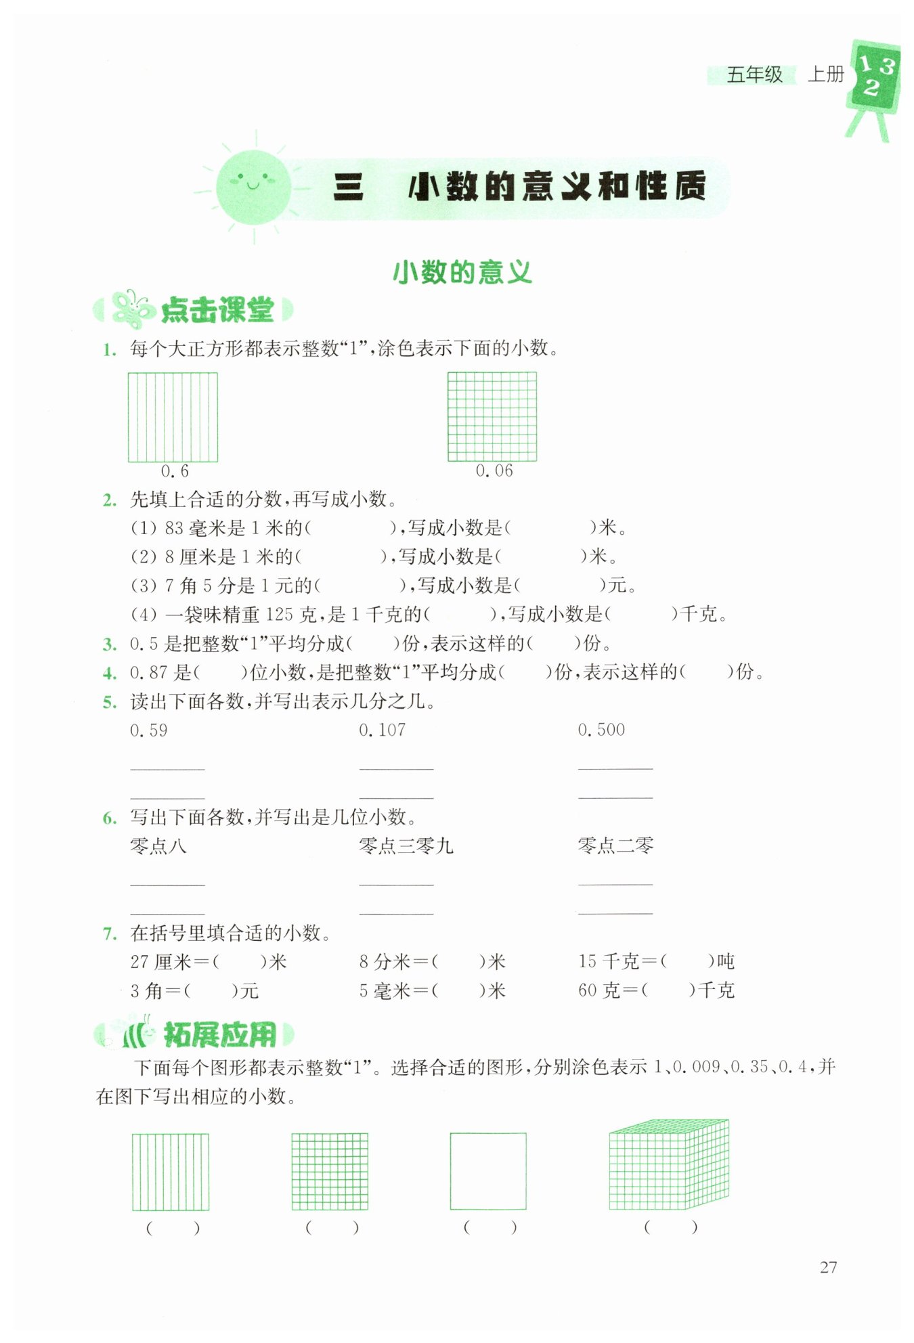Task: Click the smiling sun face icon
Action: coord(253,188)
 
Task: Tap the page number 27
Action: coord(828,1267)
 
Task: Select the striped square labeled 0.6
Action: coord(173,417)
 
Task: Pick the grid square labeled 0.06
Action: coord(492,417)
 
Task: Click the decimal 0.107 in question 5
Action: coord(383,730)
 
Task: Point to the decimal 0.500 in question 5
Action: coord(601,730)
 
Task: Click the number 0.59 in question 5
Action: coord(149,730)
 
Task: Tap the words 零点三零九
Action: coord(406,845)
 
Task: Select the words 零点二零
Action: coord(615,845)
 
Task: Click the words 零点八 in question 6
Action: coord(158,845)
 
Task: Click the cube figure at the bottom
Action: coord(669,1165)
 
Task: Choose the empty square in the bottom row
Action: coord(488,1171)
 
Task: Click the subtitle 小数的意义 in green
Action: coord(462,273)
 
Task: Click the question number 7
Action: coord(110,934)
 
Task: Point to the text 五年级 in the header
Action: coord(754,74)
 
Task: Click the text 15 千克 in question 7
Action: coord(609,961)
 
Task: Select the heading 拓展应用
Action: coord(220,1034)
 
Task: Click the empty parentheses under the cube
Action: coord(670,1227)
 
